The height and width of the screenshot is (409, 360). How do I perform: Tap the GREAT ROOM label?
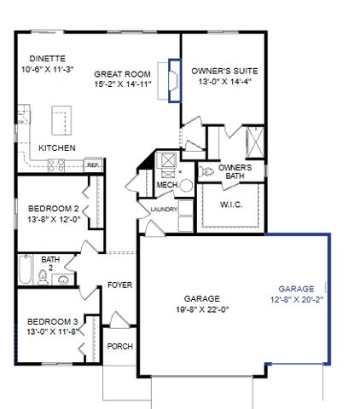click(x=122, y=74)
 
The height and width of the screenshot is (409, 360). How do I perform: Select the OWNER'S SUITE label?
click(x=224, y=71)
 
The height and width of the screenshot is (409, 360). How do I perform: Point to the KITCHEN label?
click(x=58, y=147)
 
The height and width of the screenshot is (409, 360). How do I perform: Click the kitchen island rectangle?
click(x=60, y=120)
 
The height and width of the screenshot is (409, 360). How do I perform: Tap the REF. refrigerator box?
click(x=92, y=165)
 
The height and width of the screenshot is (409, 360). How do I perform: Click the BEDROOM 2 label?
click(x=54, y=208)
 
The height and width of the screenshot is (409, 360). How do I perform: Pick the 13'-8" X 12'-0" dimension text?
click(x=54, y=218)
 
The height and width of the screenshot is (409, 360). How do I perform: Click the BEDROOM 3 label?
click(x=52, y=320)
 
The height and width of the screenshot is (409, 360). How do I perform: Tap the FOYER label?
click(x=119, y=285)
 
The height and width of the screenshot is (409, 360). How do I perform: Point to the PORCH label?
click(x=119, y=347)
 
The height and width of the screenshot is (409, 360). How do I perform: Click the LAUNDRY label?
click(x=162, y=209)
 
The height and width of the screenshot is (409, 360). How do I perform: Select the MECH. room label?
click(x=166, y=184)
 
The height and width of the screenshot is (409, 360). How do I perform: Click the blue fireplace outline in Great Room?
click(x=174, y=79)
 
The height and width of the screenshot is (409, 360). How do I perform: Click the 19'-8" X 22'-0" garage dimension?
click(x=201, y=309)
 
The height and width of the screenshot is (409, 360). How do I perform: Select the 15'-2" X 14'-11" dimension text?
click(x=122, y=84)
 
